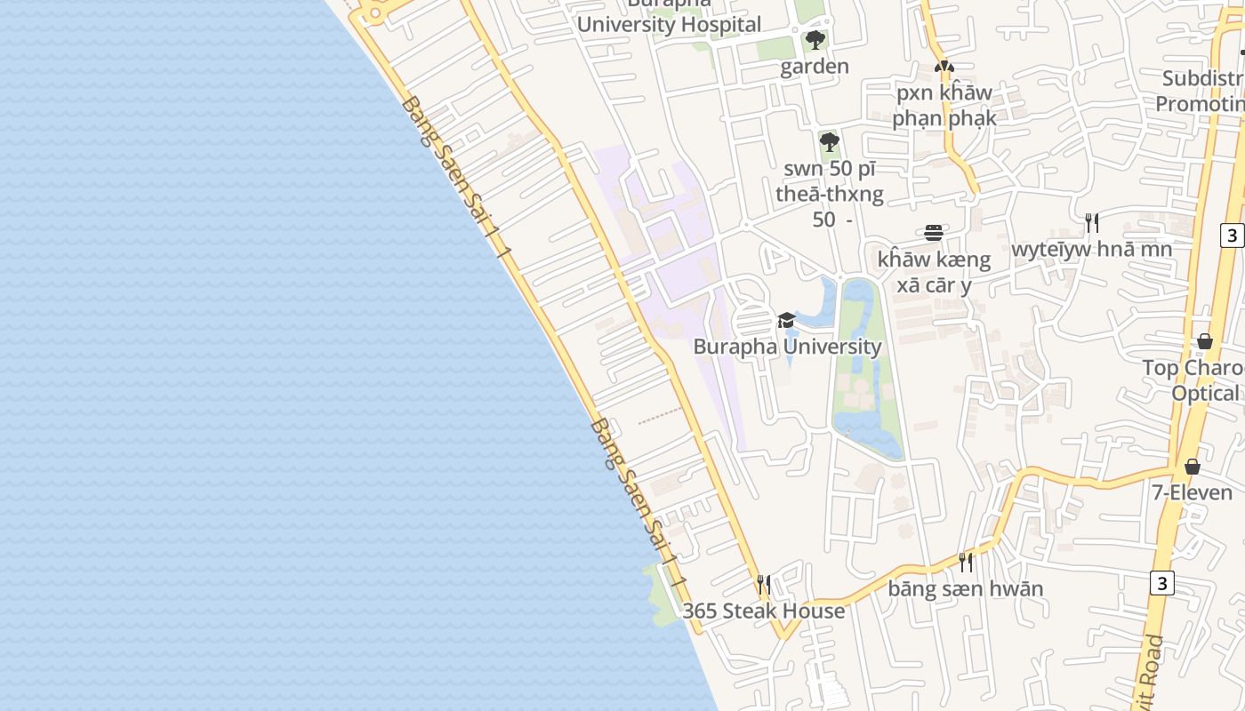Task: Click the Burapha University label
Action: pyautogui.click(x=787, y=347)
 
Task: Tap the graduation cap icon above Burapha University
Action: pyautogui.click(x=786, y=320)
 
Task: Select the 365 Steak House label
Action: pyautogui.click(x=763, y=611)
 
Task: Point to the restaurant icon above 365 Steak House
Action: pyautogui.click(x=763, y=584)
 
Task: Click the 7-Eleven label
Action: pyautogui.click(x=1192, y=492)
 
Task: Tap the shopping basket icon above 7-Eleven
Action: pyautogui.click(x=1192, y=467)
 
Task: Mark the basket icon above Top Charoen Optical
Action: pyautogui.click(x=1204, y=341)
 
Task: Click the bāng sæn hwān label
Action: pyautogui.click(x=965, y=588)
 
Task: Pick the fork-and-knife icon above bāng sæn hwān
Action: pyautogui.click(x=965, y=562)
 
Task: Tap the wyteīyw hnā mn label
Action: pyautogui.click(x=1091, y=249)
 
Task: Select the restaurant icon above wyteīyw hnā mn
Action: pyautogui.click(x=1091, y=222)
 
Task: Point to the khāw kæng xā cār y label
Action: pyautogui.click(x=934, y=272)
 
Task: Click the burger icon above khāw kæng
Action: pyautogui.click(x=934, y=233)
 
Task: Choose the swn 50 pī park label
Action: pyautogui.click(x=829, y=194)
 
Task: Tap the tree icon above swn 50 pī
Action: pyautogui.click(x=829, y=142)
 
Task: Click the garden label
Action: pyautogui.click(x=815, y=67)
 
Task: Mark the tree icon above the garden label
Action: pyautogui.click(x=815, y=40)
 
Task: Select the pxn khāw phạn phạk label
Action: pyautogui.click(x=943, y=105)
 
